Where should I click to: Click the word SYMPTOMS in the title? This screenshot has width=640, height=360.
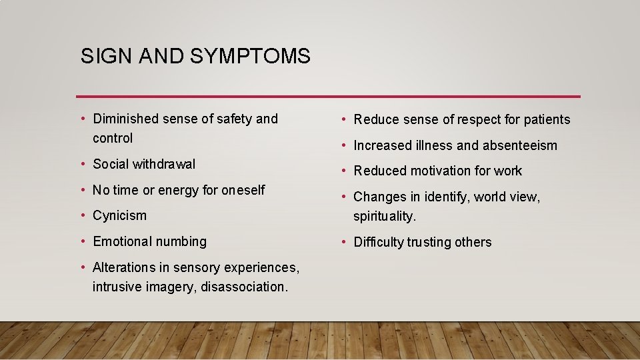coord(250,56)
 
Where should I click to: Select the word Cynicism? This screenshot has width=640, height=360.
coord(119,215)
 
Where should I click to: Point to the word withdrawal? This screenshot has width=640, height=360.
coord(164,164)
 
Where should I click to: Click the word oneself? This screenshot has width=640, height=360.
coord(243,190)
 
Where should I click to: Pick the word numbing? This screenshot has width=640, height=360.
coord(181,241)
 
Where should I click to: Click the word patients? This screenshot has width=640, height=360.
coord(547,120)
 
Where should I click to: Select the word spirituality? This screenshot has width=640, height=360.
coord(385,217)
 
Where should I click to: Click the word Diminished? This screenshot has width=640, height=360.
coord(125,119)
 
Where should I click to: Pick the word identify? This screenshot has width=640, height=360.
coord(443,197)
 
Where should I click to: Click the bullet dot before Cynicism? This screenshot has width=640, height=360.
coord(83,215)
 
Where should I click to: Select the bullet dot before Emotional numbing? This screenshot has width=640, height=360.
coord(83,241)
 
